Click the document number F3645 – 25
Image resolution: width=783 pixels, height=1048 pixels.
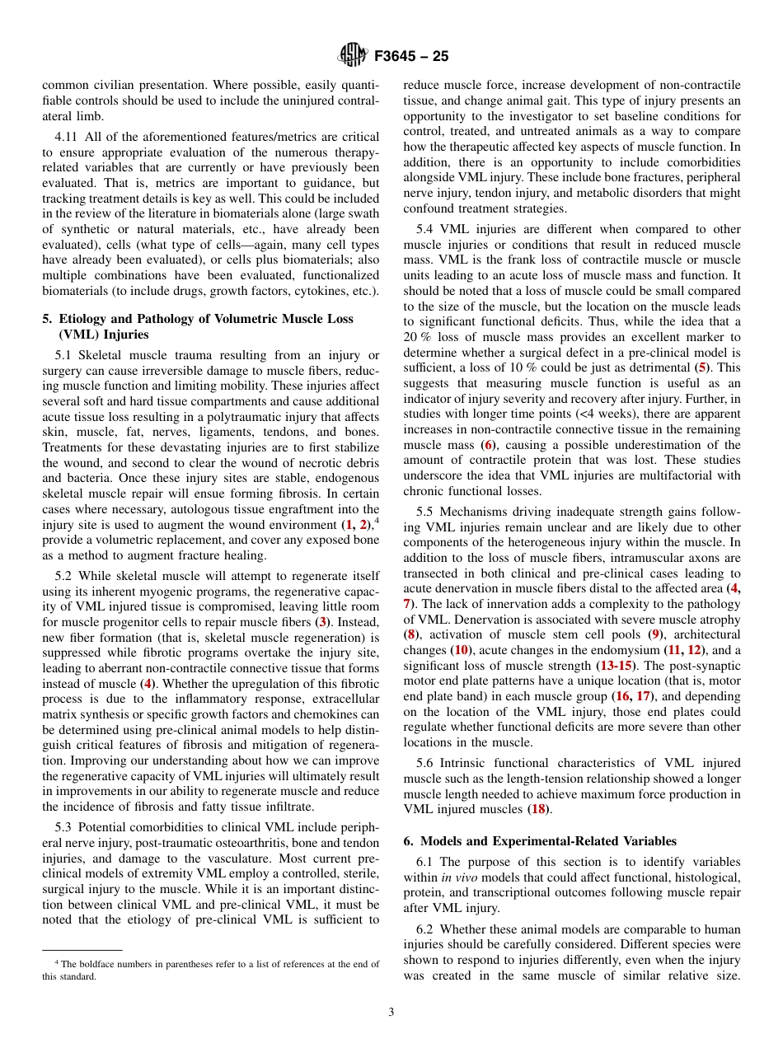point(411,57)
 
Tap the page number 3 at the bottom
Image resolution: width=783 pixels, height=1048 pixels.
point(391,1013)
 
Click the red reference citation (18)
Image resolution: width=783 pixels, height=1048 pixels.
point(537,809)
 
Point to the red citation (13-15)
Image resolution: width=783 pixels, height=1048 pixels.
point(614,664)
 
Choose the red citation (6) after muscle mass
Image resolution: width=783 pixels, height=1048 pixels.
point(488,445)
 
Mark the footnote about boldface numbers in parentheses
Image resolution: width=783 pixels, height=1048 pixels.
point(210,970)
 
